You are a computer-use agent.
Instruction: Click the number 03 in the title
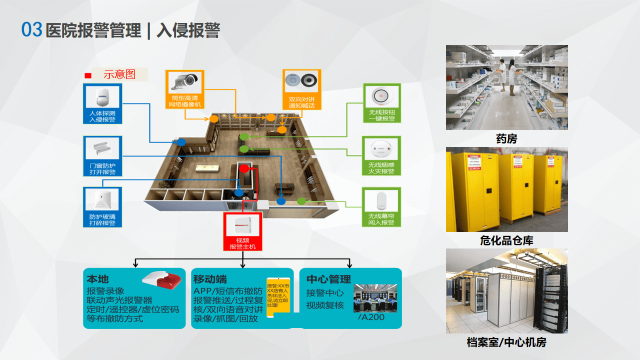(31, 30)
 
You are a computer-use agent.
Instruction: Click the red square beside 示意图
(88, 75)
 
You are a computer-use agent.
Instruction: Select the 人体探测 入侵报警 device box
(102, 104)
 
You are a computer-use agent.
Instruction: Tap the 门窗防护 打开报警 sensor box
(102, 156)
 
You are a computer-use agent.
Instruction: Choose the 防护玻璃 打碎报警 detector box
(102, 207)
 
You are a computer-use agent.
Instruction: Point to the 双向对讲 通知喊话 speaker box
(301, 89)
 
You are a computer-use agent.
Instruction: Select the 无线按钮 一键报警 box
(381, 103)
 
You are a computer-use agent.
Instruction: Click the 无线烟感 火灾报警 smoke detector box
(381, 155)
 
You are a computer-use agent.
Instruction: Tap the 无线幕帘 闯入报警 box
(381, 207)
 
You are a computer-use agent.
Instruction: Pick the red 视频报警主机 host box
(242, 231)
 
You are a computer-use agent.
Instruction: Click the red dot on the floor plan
(243, 169)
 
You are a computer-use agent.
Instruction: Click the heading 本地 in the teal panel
(97, 279)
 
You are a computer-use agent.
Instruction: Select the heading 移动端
(209, 279)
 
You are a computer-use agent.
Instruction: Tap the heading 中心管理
(328, 279)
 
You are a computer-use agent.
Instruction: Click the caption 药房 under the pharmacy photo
(506, 139)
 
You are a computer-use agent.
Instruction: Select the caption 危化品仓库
(506, 240)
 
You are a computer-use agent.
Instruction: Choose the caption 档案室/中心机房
(506, 342)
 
